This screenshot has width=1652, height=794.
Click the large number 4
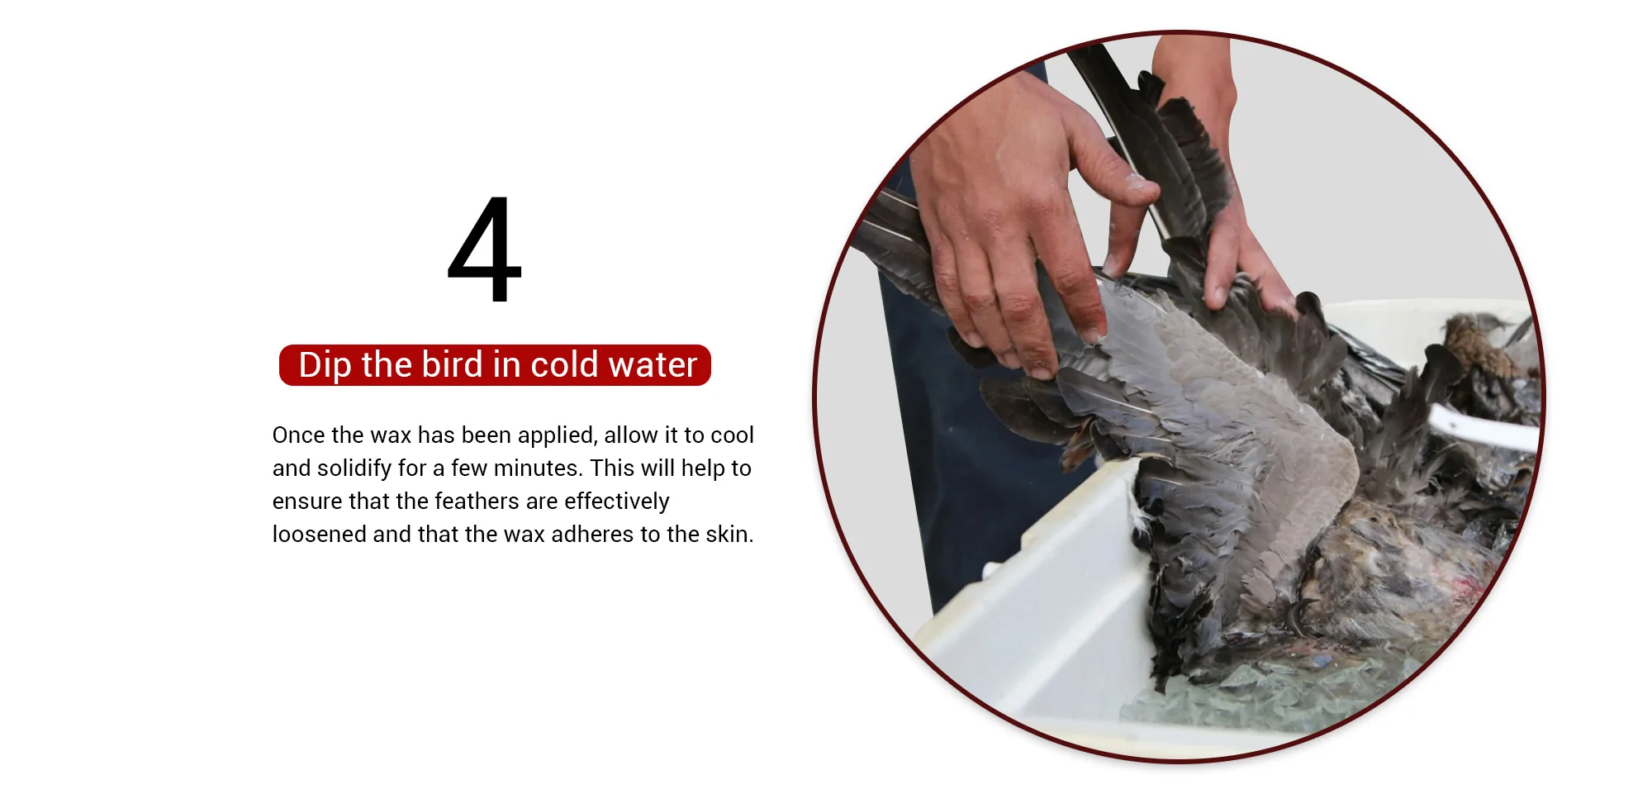pyautogui.click(x=485, y=250)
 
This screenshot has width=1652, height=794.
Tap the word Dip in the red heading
pyautogui.click(x=325, y=365)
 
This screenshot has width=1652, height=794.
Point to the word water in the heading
pyautogui.click(x=653, y=365)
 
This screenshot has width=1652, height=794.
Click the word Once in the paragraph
pyautogui.click(x=299, y=435)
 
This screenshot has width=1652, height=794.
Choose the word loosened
pyautogui.click(x=320, y=535)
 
